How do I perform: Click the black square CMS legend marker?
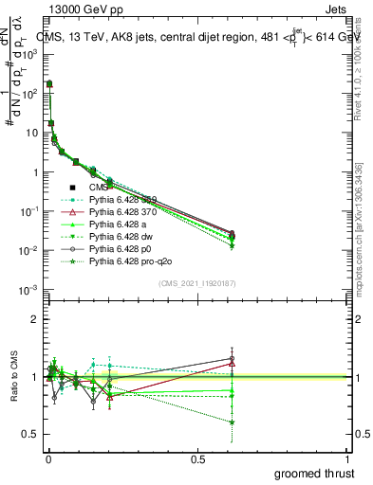click(x=73, y=187)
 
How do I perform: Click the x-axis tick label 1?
click(x=347, y=459)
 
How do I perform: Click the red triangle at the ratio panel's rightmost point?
click(x=232, y=364)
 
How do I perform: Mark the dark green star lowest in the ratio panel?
click(x=232, y=422)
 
